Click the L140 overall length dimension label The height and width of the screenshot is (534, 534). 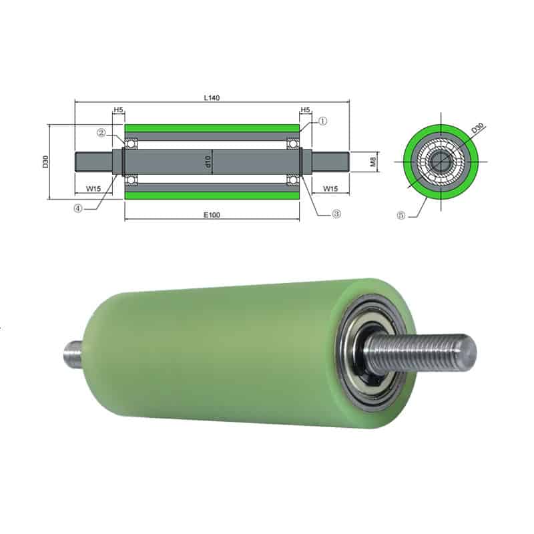(x=212, y=97)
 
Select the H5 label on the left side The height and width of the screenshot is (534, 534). (x=118, y=109)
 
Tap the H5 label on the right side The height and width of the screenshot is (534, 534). (x=306, y=109)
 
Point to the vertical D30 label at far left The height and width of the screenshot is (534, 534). (x=45, y=162)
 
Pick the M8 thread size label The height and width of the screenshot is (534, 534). (x=374, y=161)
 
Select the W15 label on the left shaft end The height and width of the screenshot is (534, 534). (x=93, y=189)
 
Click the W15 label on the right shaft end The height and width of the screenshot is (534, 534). (x=330, y=189)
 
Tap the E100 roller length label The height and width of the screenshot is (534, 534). (x=212, y=215)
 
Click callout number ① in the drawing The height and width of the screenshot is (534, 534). (x=322, y=121)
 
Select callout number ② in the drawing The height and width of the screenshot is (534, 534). (x=101, y=133)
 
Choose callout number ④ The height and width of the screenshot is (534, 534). (x=78, y=207)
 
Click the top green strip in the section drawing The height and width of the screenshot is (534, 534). (x=212, y=128)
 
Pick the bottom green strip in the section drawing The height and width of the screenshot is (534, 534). (x=212, y=196)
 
